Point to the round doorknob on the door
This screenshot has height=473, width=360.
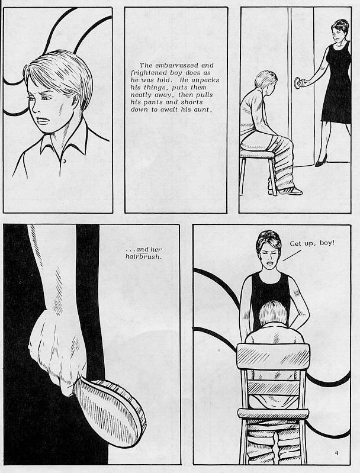coord(298,83)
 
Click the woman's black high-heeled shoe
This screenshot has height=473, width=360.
coord(320,160)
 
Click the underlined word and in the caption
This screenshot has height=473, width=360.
coord(142,249)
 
